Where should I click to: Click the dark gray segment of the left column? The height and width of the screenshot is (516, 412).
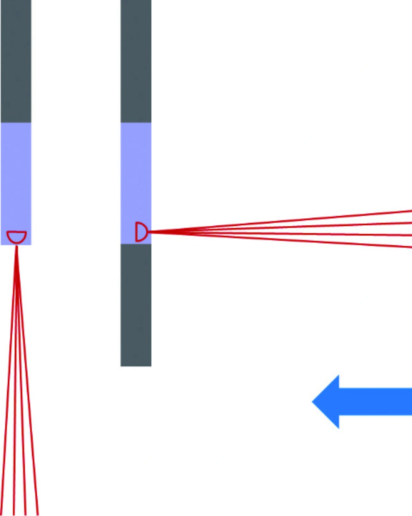[16, 61]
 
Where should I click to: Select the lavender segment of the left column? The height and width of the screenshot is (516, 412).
[16, 177]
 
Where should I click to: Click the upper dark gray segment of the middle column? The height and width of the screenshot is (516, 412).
[136, 61]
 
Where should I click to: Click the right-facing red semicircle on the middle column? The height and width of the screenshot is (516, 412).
[141, 232]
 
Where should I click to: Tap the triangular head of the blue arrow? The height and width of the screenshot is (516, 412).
[328, 402]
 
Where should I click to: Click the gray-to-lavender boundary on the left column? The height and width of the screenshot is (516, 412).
[16, 122]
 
